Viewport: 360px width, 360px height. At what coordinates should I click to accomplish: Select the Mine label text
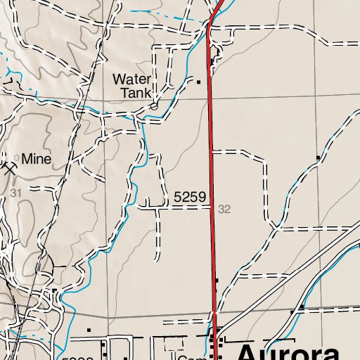[x=37, y=160]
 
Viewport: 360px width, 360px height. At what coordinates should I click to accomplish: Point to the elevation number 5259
[x=188, y=200]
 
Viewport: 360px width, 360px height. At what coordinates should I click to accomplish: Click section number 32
[x=224, y=210]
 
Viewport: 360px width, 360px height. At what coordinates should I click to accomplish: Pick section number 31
[x=15, y=192]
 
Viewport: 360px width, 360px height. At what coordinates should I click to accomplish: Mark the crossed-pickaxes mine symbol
[x=8, y=167]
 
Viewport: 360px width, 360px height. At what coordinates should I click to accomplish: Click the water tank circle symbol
[x=153, y=107]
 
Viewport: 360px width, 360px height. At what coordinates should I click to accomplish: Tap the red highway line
[x=212, y=176]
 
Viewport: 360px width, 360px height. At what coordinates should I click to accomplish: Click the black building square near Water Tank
[x=199, y=82]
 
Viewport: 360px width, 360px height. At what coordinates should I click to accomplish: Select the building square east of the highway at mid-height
[x=319, y=157]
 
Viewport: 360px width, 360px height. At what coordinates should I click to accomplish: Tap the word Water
[x=132, y=79]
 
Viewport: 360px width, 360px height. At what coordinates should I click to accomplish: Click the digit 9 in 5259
[x=201, y=200]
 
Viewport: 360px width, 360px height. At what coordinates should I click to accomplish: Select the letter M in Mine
[x=26, y=160]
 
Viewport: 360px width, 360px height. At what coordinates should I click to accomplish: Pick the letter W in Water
[x=119, y=79]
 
